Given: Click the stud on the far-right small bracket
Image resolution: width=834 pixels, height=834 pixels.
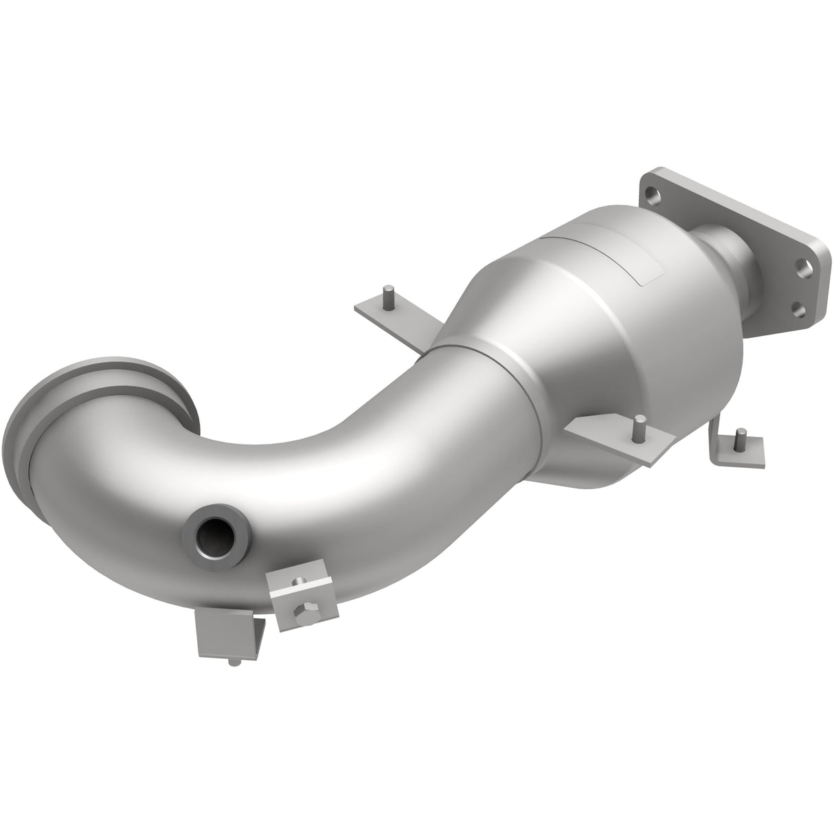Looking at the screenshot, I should tap(741, 438).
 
